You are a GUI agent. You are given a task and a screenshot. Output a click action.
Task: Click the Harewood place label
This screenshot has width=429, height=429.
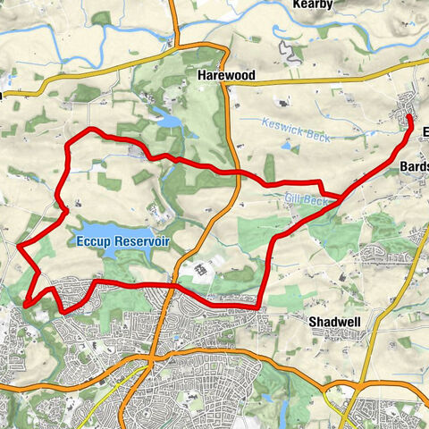[x=226, y=78]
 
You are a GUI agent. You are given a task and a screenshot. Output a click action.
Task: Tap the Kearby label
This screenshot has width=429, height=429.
[x=312, y=5]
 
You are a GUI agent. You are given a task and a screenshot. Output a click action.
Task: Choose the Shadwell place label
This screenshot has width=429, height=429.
[x=332, y=321]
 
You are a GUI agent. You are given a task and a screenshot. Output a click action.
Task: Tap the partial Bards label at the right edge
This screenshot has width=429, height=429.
[x=415, y=166]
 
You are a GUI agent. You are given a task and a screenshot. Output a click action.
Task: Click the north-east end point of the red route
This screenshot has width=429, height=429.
[x=409, y=117]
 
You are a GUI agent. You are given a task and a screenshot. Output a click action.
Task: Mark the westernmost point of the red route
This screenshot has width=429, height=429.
[x=19, y=243]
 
